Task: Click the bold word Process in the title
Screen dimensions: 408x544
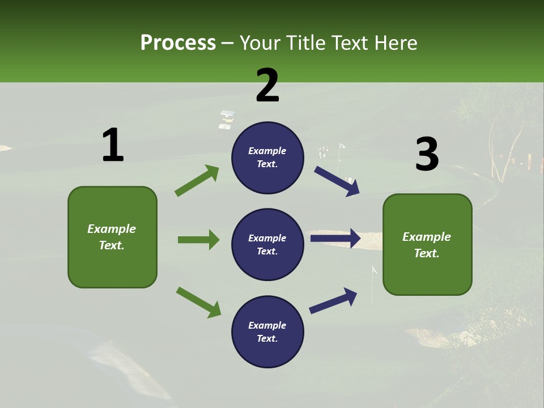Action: pyautogui.click(x=178, y=43)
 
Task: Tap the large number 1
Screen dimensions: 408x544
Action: pyautogui.click(x=113, y=146)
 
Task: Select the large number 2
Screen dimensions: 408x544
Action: pyautogui.click(x=267, y=86)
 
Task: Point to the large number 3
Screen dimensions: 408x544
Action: pyautogui.click(x=427, y=155)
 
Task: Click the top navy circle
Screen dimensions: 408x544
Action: pyautogui.click(x=267, y=158)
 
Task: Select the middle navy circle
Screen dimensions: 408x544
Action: pyautogui.click(x=267, y=245)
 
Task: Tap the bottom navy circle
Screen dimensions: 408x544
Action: pyautogui.click(x=267, y=332)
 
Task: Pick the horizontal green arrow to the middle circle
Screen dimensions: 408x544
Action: pyautogui.click(x=198, y=240)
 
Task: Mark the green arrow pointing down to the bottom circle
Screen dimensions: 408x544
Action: pyautogui.click(x=198, y=302)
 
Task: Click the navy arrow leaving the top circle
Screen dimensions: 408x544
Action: pyautogui.click(x=337, y=181)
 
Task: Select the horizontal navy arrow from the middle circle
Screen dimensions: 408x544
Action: pyautogui.click(x=335, y=239)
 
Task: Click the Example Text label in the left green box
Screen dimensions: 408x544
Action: pyautogui.click(x=112, y=237)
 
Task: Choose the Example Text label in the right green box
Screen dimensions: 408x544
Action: pyautogui.click(x=427, y=245)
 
